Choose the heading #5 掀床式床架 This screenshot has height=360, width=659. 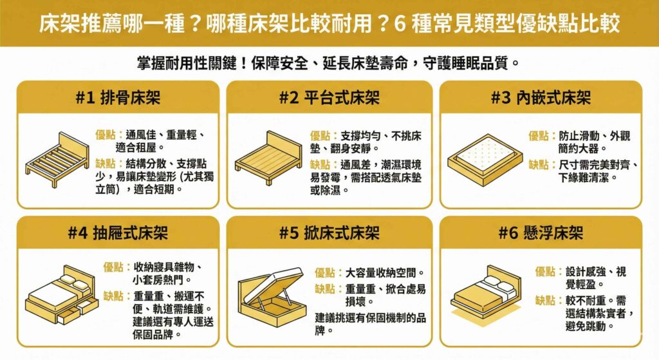click(329, 232)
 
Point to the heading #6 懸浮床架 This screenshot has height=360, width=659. click(540, 232)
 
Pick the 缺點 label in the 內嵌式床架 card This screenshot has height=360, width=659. click(541, 164)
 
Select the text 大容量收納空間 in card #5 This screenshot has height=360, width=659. click(385, 272)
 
